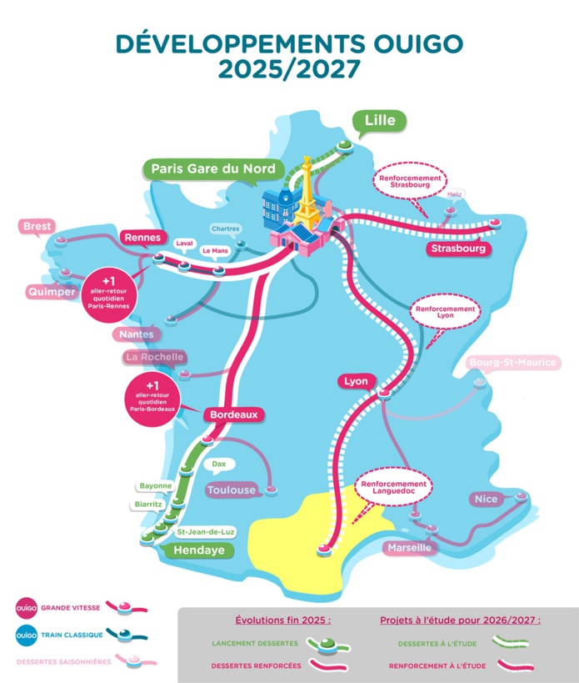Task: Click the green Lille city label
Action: pyautogui.click(x=380, y=121)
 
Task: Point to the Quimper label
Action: pyautogui.click(x=51, y=292)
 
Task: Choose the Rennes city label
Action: pyautogui.click(x=142, y=238)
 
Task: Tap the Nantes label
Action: pyautogui.click(x=137, y=334)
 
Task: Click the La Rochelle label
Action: pyautogui.click(x=153, y=358)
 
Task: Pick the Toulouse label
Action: pyautogui.click(x=231, y=490)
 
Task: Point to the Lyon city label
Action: pyautogui.click(x=353, y=381)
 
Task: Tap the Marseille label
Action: pyautogui.click(x=408, y=548)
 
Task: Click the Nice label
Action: pyautogui.click(x=486, y=499)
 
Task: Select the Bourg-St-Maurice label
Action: pyautogui.click(x=512, y=363)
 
